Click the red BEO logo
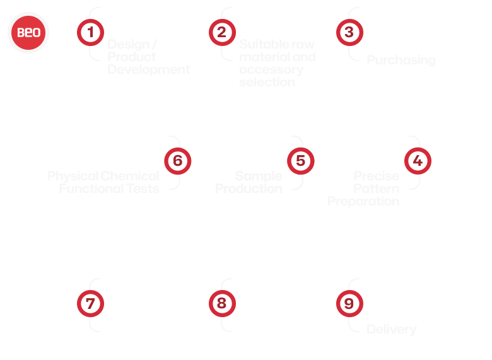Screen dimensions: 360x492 point(28,32)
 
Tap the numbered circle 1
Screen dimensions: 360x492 point(90,32)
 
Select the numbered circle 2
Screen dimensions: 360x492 point(221,32)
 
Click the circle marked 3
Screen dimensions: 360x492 point(349,32)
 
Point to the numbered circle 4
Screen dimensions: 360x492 point(418,161)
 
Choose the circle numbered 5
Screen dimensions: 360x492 point(300,161)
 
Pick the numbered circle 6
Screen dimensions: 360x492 point(177,161)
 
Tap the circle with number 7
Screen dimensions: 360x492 point(90,304)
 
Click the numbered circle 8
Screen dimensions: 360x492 point(221,304)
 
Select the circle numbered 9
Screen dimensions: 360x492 point(349,304)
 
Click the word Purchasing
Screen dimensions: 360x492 point(401,61)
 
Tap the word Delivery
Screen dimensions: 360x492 point(391,330)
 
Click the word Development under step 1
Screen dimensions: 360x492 point(148,69)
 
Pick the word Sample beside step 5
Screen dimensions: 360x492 point(259,176)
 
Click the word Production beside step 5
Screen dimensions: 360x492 point(249,189)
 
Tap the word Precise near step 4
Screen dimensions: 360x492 point(376,176)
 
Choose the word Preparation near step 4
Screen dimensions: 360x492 point(363,202)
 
